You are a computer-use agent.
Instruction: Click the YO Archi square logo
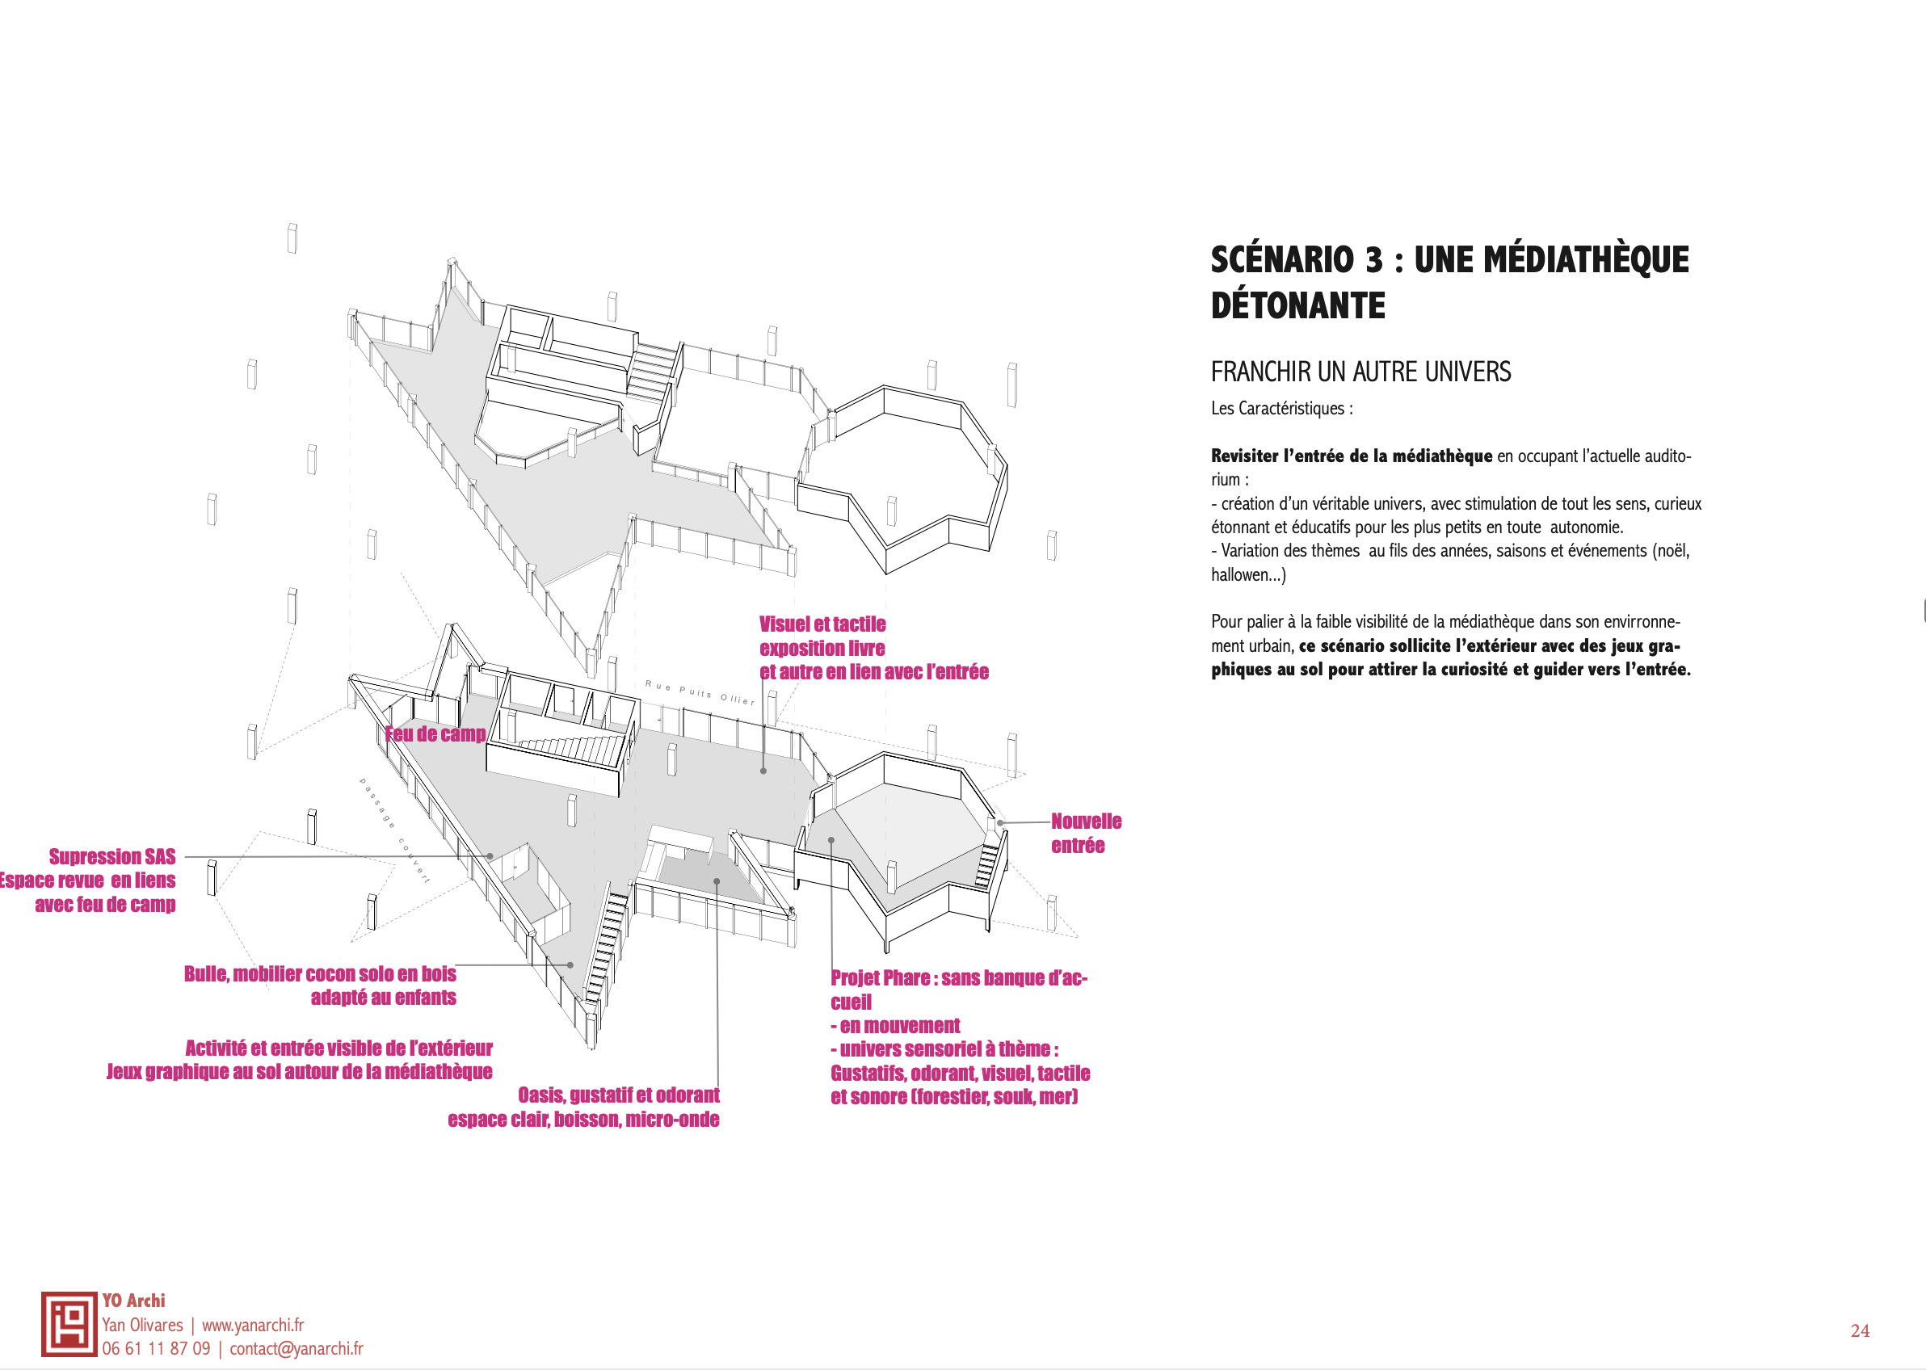point(69,1324)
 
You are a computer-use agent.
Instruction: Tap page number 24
point(1860,1331)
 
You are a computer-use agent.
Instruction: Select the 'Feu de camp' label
point(435,734)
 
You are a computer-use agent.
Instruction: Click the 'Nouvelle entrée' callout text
point(1085,834)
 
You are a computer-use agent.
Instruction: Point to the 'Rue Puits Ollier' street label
point(700,692)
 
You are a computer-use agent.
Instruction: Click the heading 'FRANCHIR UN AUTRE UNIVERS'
point(1360,372)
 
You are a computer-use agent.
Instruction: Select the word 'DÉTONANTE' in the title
point(1297,305)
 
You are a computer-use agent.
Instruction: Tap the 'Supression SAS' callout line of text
point(112,857)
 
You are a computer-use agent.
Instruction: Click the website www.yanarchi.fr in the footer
point(252,1326)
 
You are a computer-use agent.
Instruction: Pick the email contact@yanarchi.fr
point(296,1349)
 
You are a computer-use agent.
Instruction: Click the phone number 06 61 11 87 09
point(156,1349)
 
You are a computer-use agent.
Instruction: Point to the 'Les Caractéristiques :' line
point(1281,408)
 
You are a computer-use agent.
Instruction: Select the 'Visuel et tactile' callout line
point(822,624)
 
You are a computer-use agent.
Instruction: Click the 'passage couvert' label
point(394,830)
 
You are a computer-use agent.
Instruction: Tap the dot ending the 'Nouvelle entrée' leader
point(1000,822)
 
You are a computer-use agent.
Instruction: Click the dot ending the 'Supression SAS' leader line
point(490,856)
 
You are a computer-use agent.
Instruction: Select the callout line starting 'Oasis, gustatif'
point(618,1096)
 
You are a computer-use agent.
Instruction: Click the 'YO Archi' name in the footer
point(133,1301)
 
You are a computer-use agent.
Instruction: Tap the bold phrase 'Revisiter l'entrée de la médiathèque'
point(1351,456)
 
